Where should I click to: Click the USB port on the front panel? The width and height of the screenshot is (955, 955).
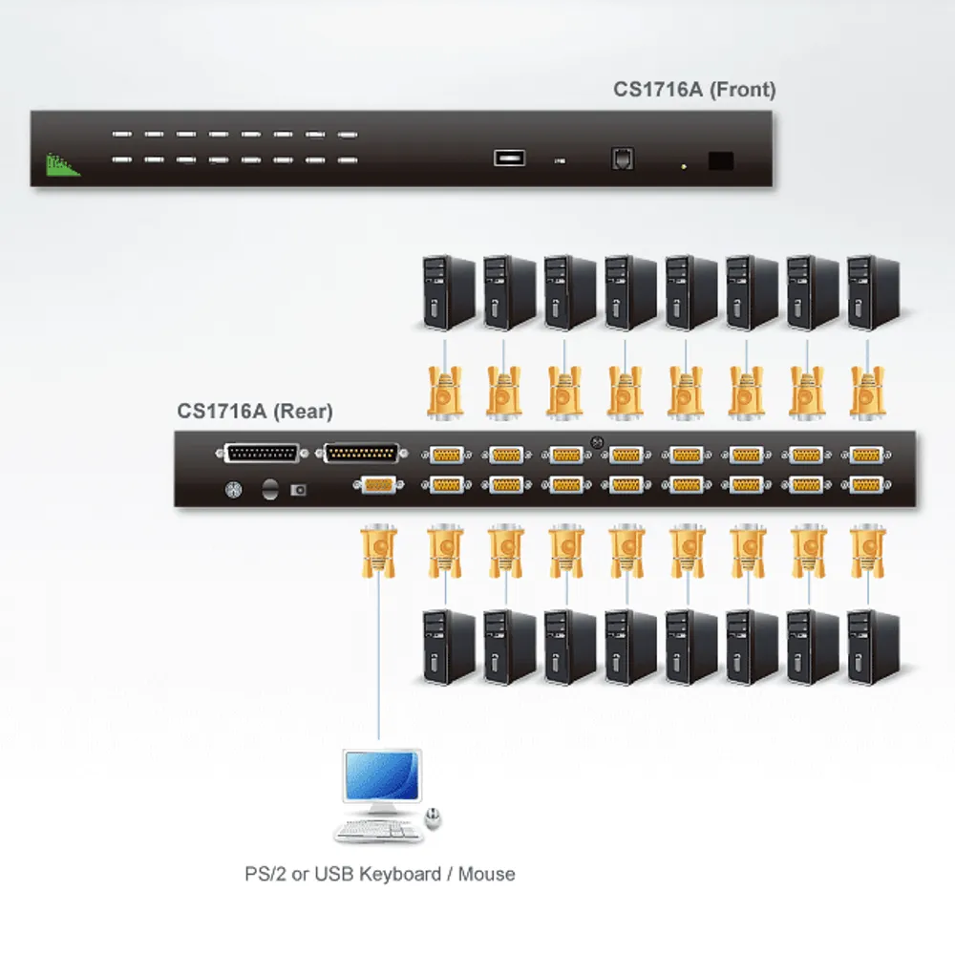509,159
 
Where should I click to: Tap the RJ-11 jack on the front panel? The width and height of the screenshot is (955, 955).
622,159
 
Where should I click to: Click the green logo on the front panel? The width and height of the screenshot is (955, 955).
62,165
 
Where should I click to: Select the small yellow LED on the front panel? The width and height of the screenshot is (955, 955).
684,166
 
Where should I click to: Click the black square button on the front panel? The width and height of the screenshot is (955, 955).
720,160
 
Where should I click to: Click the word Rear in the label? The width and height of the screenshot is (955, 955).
303,411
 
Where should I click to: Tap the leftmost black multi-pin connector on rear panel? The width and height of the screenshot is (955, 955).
262,454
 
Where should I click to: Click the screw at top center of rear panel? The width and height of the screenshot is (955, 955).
597,443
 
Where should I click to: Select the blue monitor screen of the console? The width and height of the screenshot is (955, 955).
382,775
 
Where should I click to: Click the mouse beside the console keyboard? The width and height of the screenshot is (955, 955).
433,817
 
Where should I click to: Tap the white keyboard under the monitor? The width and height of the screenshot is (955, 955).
378,831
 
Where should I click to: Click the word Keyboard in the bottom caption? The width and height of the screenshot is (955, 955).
399,874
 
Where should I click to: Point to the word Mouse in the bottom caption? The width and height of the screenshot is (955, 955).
486,874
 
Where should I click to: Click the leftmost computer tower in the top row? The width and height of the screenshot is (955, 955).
449,292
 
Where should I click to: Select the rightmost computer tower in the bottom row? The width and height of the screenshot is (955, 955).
874,647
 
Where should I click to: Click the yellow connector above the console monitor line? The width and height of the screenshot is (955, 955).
378,551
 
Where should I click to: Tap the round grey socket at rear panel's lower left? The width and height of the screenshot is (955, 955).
233,490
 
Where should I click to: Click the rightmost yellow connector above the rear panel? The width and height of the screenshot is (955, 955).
867,393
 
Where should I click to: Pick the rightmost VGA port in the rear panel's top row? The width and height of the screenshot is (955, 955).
865,455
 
